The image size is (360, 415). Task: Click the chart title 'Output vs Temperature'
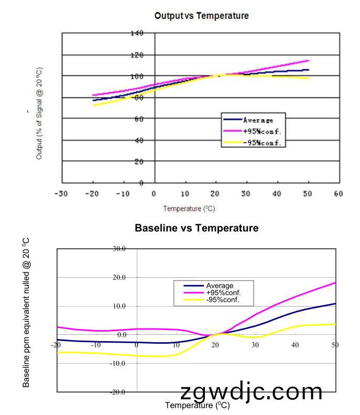tap(201, 16)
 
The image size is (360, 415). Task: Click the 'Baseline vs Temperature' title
tap(197, 228)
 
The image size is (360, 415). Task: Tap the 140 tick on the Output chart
tap(137, 34)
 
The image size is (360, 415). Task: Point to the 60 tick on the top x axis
tap(337, 194)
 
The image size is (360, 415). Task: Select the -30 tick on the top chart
tap(61, 194)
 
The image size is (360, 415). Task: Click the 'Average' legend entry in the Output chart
tap(257, 121)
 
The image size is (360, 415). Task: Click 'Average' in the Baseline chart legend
tap(220, 286)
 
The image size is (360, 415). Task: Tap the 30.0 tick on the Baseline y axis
tap(119, 249)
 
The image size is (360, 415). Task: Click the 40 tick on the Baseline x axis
tap(295, 345)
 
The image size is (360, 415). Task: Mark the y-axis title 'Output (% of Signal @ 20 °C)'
tap(39, 113)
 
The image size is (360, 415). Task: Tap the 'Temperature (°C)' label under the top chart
tap(189, 209)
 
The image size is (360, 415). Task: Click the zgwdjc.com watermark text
tap(252, 392)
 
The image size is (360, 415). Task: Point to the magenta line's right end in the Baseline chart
tap(335, 283)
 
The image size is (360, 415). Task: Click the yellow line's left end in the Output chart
tap(93, 105)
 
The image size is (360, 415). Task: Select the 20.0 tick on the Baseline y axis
tap(119, 278)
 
